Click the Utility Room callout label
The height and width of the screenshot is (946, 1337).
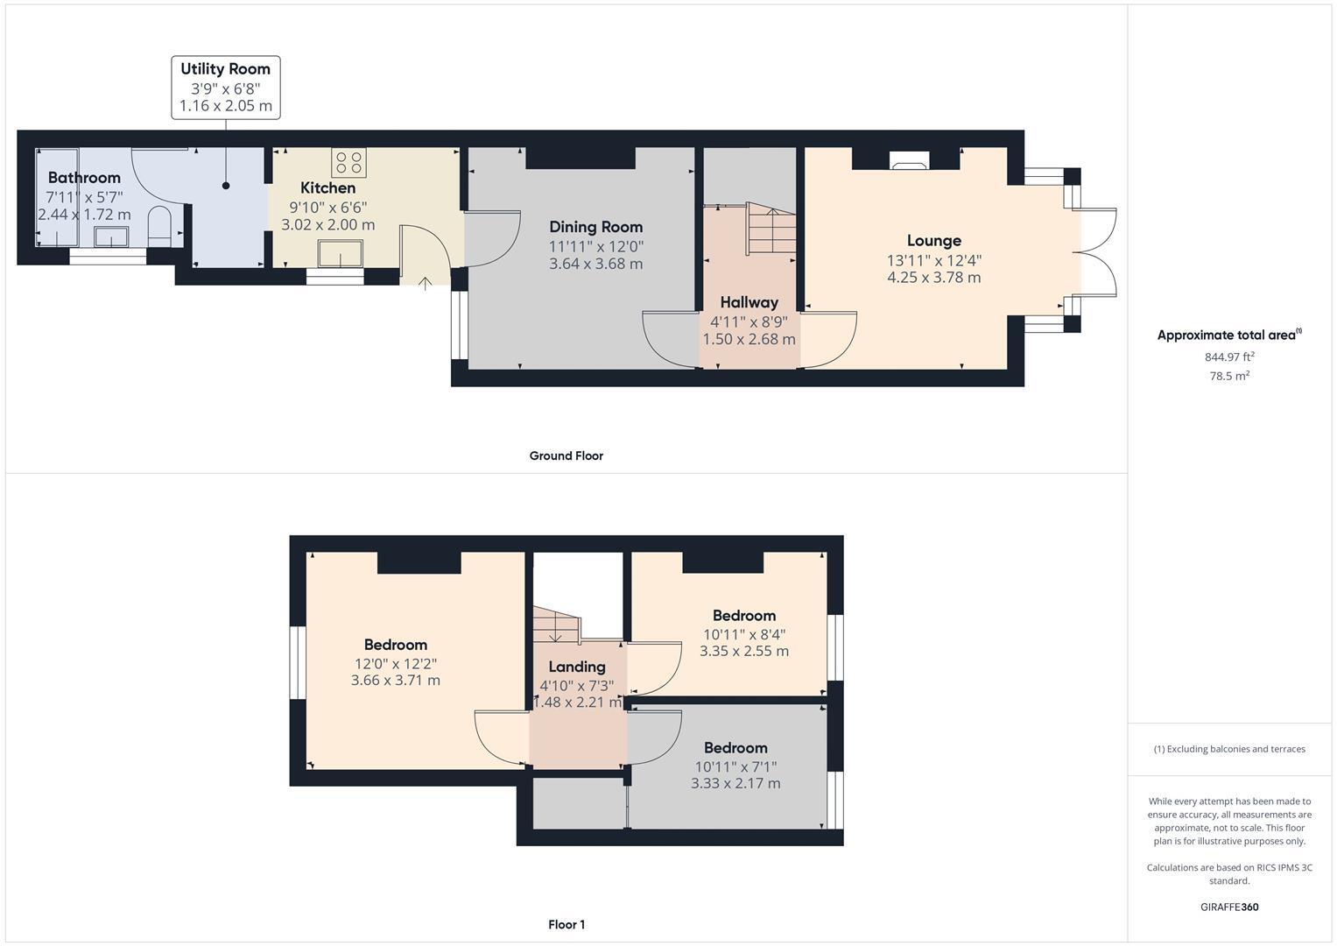tap(225, 69)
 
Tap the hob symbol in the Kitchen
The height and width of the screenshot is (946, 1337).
tap(348, 162)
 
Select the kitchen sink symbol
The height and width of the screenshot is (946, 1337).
tap(341, 252)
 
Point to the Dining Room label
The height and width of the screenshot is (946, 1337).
tap(595, 227)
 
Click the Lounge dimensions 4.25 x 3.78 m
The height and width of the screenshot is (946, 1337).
tap(933, 278)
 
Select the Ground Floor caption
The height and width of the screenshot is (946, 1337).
tap(566, 455)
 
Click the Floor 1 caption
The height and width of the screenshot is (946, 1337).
tap(566, 924)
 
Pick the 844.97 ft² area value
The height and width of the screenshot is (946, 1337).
tap(1229, 357)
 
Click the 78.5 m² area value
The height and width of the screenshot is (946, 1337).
tap(1229, 376)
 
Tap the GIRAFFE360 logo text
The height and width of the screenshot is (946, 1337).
tap(1229, 907)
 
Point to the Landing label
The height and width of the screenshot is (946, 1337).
tap(576, 667)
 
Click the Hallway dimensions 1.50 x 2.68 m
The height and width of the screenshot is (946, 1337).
tap(749, 339)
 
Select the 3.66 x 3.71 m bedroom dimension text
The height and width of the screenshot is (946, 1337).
tap(395, 681)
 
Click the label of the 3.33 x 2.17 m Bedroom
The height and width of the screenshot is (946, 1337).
tap(735, 747)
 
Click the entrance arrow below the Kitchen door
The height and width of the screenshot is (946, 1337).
tap(426, 283)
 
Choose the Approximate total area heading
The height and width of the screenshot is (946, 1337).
tap(1228, 335)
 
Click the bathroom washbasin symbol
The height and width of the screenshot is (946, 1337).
tap(111, 236)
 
